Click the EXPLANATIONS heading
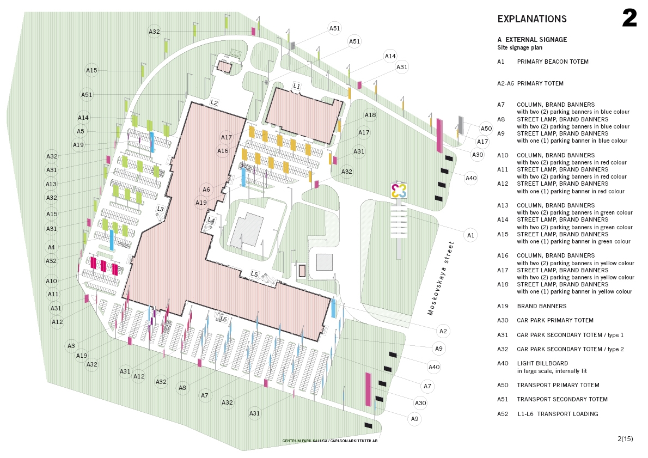[532, 19]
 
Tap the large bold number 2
[629, 19]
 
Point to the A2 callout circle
[443, 331]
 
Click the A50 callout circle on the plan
[486, 129]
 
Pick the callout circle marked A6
[206, 190]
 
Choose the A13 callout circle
[52, 184]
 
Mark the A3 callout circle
[71, 346]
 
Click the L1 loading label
[297, 86]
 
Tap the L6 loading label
[223, 319]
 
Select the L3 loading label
[161, 209]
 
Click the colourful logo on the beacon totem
[399, 191]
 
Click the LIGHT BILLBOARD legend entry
[542, 363]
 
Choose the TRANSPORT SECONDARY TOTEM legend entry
[562, 399]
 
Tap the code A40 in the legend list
[502, 363]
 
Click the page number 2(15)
[625, 438]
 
